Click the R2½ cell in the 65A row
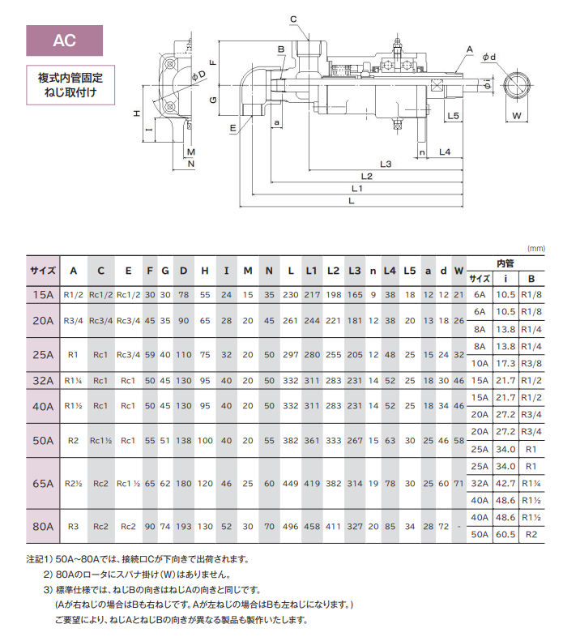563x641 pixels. point(74,483)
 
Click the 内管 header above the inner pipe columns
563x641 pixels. point(505,263)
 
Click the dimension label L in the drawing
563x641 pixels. point(350,200)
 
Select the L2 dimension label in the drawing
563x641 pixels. point(366,176)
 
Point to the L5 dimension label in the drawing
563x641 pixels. point(454,116)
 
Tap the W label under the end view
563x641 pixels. point(517,116)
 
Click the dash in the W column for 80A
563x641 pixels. point(459,526)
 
